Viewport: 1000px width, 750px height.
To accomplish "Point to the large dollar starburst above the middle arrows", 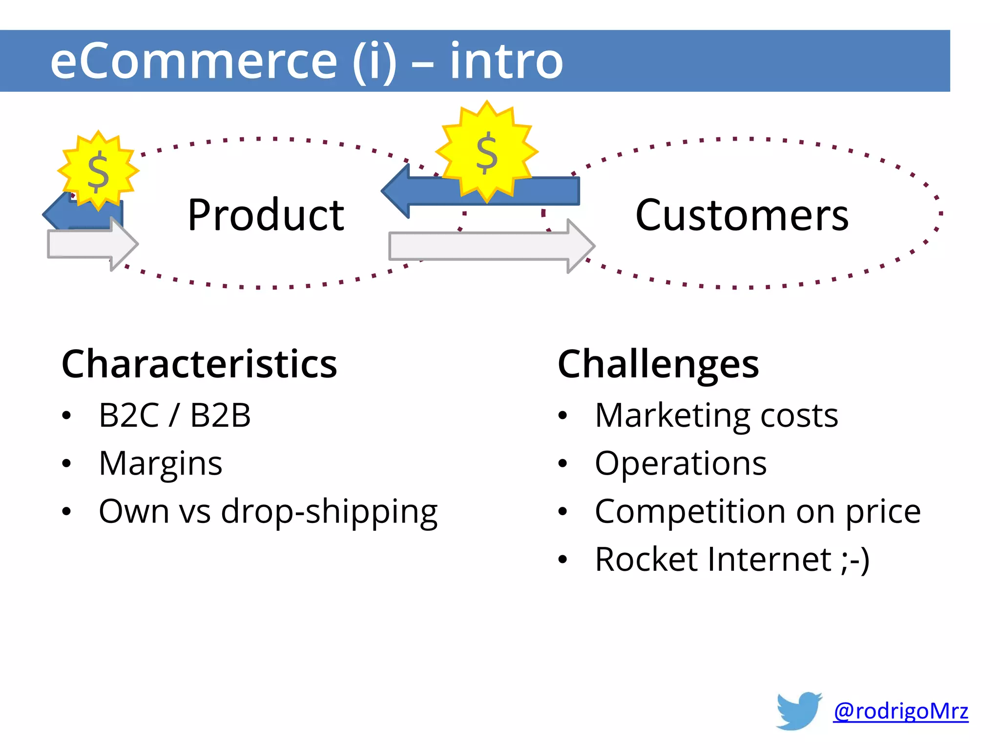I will click(487, 152).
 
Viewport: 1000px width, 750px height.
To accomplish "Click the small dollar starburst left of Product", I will click(98, 170).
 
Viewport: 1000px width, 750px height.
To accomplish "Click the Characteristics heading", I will click(199, 364).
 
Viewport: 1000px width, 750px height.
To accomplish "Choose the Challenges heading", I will click(658, 364).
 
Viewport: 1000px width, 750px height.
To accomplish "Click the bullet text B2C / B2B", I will click(174, 416).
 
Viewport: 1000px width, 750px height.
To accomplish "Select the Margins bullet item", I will click(161, 463).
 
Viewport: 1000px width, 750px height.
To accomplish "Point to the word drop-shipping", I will click(329, 512).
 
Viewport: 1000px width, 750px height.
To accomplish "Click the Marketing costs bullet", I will click(716, 416).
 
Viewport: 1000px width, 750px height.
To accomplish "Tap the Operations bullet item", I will click(680, 463).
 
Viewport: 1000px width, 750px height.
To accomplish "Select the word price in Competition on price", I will click(883, 512).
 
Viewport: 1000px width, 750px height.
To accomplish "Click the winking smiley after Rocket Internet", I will click(855, 560).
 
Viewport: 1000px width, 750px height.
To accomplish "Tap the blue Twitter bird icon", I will click(799, 710).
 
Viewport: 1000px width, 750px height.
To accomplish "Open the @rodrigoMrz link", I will click(900, 711).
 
